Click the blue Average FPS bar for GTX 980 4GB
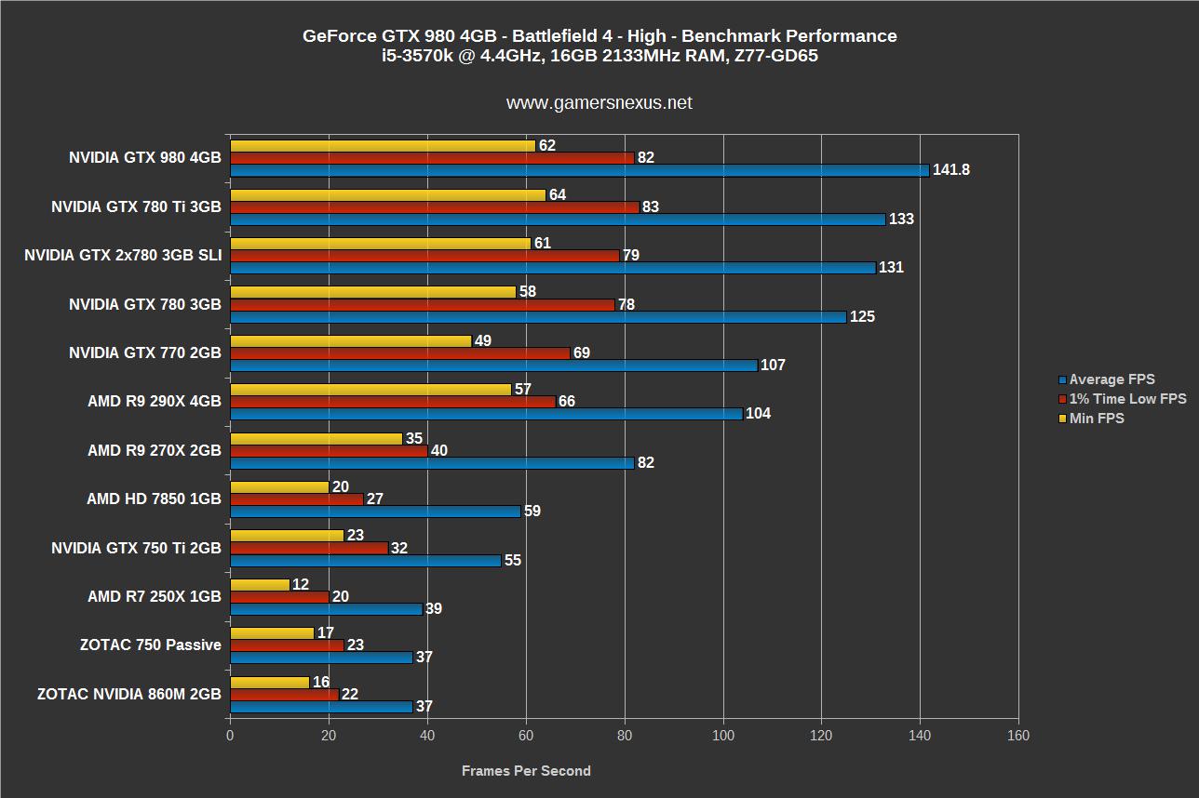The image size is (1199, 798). coord(579,170)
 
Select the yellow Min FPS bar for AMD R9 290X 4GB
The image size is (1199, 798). coord(370,389)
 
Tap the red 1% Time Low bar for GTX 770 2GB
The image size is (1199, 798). coord(399,353)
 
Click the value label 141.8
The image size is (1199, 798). coord(951,170)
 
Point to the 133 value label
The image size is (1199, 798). coord(901,219)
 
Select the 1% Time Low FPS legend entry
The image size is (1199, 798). coord(1127,399)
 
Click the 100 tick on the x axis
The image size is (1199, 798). coord(722,735)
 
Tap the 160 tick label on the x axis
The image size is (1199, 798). coord(1018,735)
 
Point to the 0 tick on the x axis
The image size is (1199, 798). coord(230,735)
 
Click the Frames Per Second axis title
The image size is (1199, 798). coord(526,770)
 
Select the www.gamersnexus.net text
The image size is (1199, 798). coord(599,103)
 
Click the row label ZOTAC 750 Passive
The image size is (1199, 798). coord(151,645)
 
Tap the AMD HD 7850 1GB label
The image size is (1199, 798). coord(154,499)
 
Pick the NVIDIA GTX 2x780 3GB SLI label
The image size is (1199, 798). coord(123,256)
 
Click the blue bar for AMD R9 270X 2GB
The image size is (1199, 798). coord(432,463)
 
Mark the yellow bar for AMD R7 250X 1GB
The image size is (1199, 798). coord(260,584)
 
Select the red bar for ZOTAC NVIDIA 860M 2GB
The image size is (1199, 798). coord(284,695)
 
